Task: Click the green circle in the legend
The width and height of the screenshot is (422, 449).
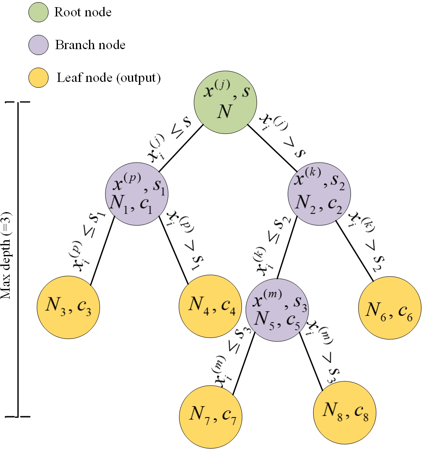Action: (37, 12)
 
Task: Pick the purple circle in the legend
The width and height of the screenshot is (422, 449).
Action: (37, 45)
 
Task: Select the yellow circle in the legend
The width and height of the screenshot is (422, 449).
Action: (37, 78)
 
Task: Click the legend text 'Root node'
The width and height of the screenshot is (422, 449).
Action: (83, 12)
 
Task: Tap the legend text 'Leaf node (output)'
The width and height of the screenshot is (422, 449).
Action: (108, 78)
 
